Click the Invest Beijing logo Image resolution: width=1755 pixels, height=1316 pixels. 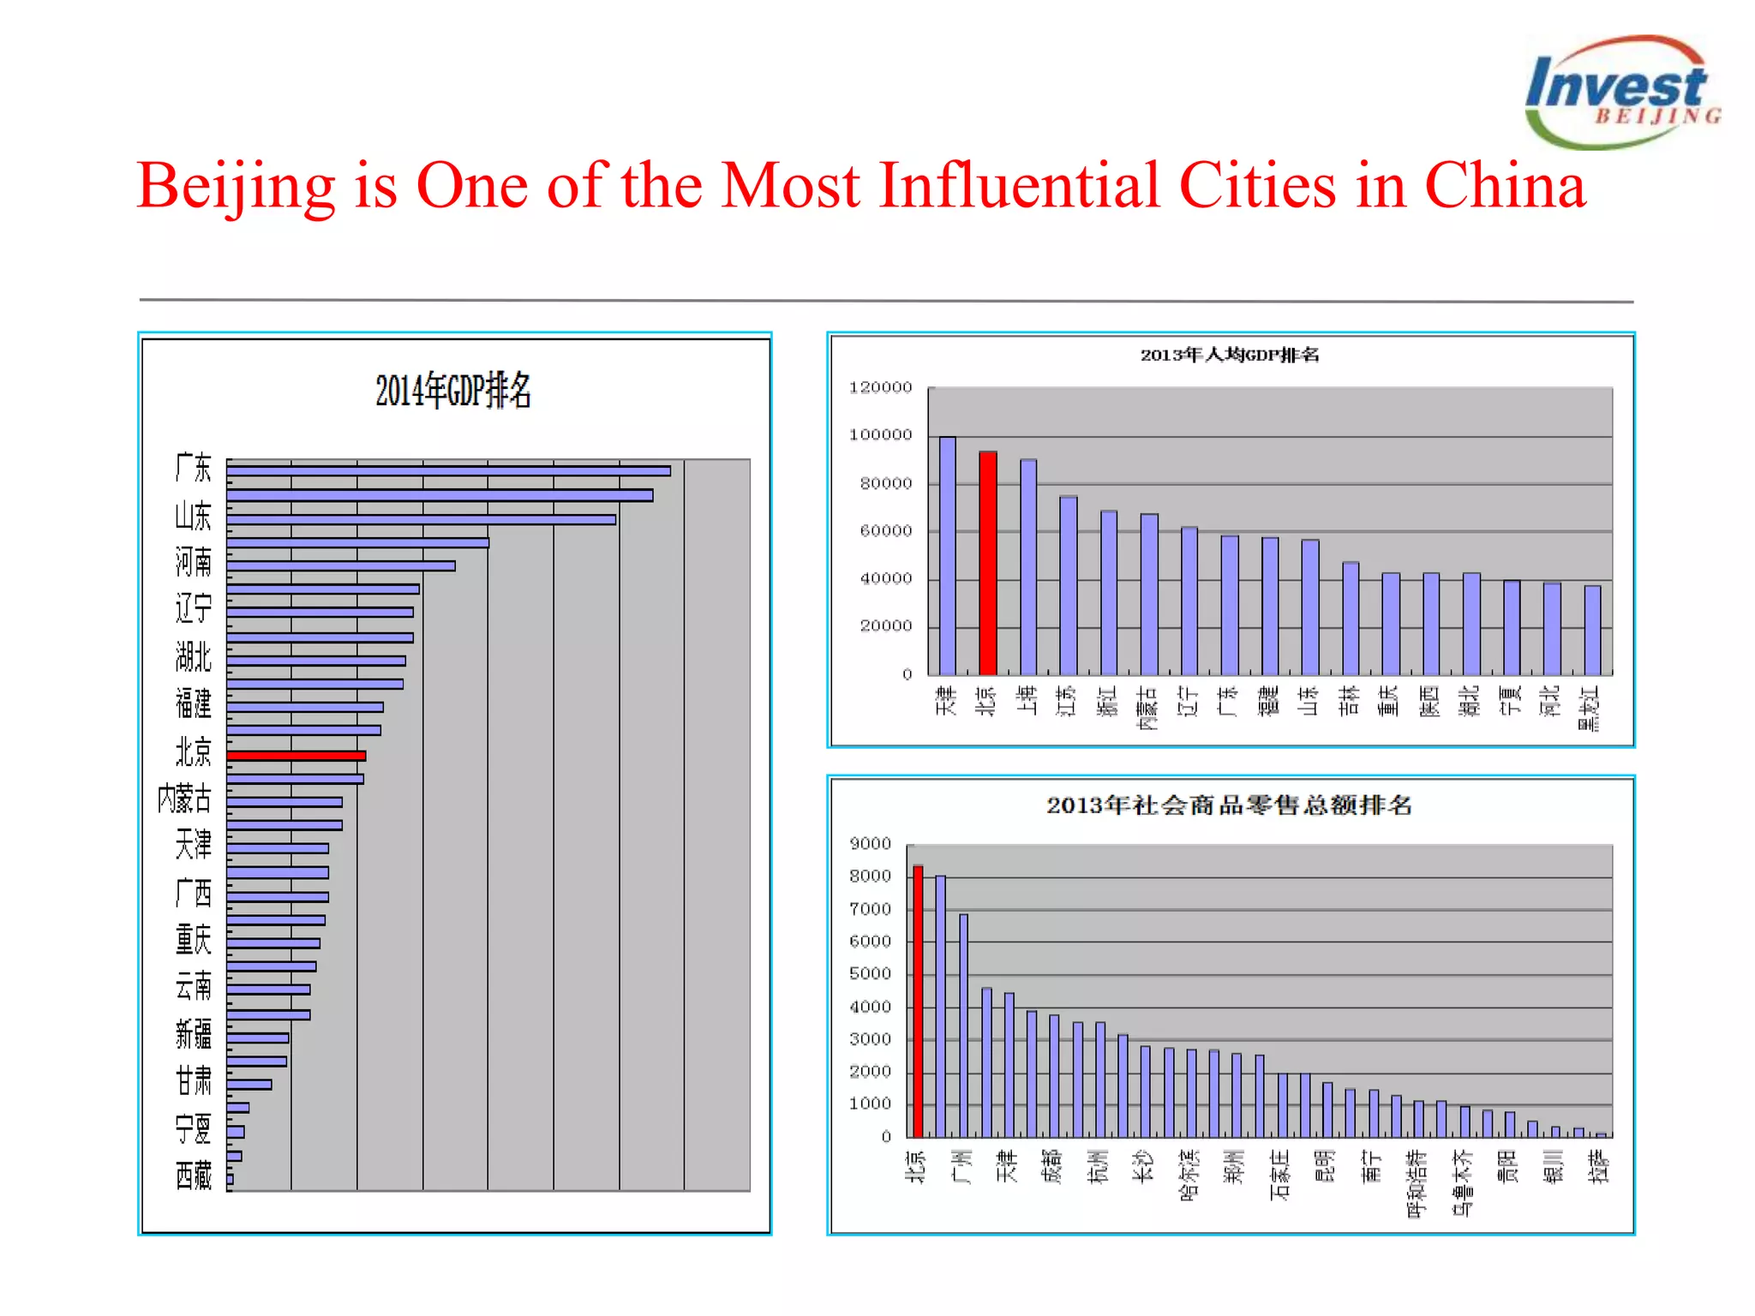(x=1621, y=93)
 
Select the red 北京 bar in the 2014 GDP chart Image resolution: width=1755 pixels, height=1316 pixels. (x=296, y=756)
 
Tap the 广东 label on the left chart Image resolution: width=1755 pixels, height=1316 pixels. (x=193, y=468)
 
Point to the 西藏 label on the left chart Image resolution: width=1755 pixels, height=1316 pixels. (x=193, y=1175)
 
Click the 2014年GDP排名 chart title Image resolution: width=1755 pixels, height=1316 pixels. (x=453, y=391)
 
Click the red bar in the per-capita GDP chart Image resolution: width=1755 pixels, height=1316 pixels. (x=987, y=563)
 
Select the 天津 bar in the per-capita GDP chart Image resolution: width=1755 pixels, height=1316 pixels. (x=947, y=555)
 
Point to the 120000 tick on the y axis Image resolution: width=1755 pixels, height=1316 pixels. (x=880, y=387)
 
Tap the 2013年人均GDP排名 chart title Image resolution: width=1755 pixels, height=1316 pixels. (x=1229, y=355)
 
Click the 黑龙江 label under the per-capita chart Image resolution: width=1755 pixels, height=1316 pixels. (x=1590, y=708)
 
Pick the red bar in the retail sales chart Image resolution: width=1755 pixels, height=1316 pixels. (x=918, y=1001)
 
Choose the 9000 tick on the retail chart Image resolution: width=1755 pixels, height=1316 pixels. (x=870, y=844)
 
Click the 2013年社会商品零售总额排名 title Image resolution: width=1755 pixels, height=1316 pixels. (x=1229, y=805)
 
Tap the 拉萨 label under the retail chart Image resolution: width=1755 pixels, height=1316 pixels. (x=1599, y=1167)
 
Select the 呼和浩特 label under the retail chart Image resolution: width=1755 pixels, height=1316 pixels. (x=1417, y=1182)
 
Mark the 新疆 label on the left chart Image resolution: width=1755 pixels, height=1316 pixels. (x=193, y=1034)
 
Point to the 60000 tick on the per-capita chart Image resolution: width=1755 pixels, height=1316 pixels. (x=885, y=531)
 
